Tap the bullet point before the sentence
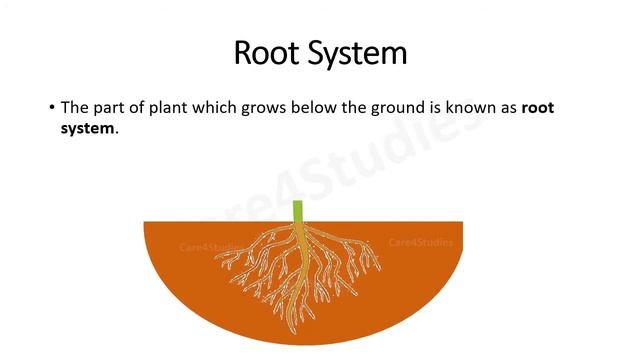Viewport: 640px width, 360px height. [51, 107]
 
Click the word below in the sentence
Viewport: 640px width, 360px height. [314, 107]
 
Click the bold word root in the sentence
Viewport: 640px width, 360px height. [538, 107]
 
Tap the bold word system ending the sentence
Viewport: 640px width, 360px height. [86, 129]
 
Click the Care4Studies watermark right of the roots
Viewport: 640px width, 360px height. [420, 243]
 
